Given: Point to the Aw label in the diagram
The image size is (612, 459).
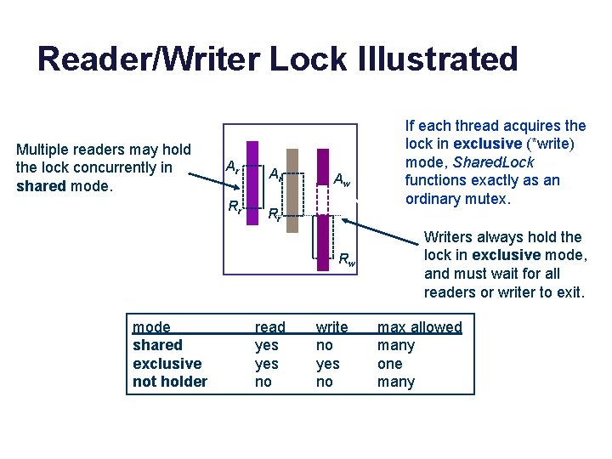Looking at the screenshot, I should click(342, 179).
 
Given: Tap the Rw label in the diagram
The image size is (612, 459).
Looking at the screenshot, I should click(346, 261).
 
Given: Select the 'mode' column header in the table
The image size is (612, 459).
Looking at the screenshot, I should click(151, 327).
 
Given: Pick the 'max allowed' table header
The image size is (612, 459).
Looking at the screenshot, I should click(419, 327).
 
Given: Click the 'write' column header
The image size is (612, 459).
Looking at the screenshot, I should click(331, 327).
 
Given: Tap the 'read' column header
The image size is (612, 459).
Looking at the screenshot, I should click(270, 327).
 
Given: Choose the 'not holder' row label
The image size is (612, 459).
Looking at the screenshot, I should click(170, 382).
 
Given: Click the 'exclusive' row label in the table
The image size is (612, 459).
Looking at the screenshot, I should click(167, 364).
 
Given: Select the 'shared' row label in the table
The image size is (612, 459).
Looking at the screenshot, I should click(157, 345).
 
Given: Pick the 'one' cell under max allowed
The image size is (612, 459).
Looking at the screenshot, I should click(389, 364).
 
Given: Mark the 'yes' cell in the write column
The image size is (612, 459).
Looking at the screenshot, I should click(327, 364).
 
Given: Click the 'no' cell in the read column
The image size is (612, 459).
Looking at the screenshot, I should click(263, 382).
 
